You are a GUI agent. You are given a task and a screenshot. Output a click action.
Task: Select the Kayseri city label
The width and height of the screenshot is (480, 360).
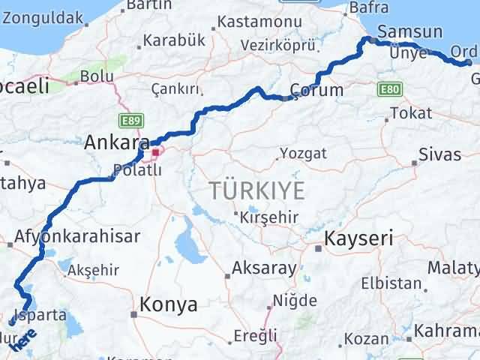tap(358, 239)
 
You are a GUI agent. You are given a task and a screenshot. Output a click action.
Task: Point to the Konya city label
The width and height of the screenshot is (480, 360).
tap(168, 304)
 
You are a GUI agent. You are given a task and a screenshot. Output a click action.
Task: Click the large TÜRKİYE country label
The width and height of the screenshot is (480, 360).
tap(257, 191)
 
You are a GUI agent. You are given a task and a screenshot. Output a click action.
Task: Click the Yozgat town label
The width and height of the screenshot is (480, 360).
tap(303, 154)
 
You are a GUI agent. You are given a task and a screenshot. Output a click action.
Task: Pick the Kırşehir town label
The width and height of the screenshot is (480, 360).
tap(269, 217)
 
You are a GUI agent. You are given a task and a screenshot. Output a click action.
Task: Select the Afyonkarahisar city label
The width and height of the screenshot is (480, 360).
tap(77, 237)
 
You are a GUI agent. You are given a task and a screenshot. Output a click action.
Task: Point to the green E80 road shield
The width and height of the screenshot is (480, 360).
tap(388, 90)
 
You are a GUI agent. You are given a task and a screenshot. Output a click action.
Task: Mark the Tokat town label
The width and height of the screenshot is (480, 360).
tap(412, 113)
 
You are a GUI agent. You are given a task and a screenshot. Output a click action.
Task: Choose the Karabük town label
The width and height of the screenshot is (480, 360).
tap(173, 40)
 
